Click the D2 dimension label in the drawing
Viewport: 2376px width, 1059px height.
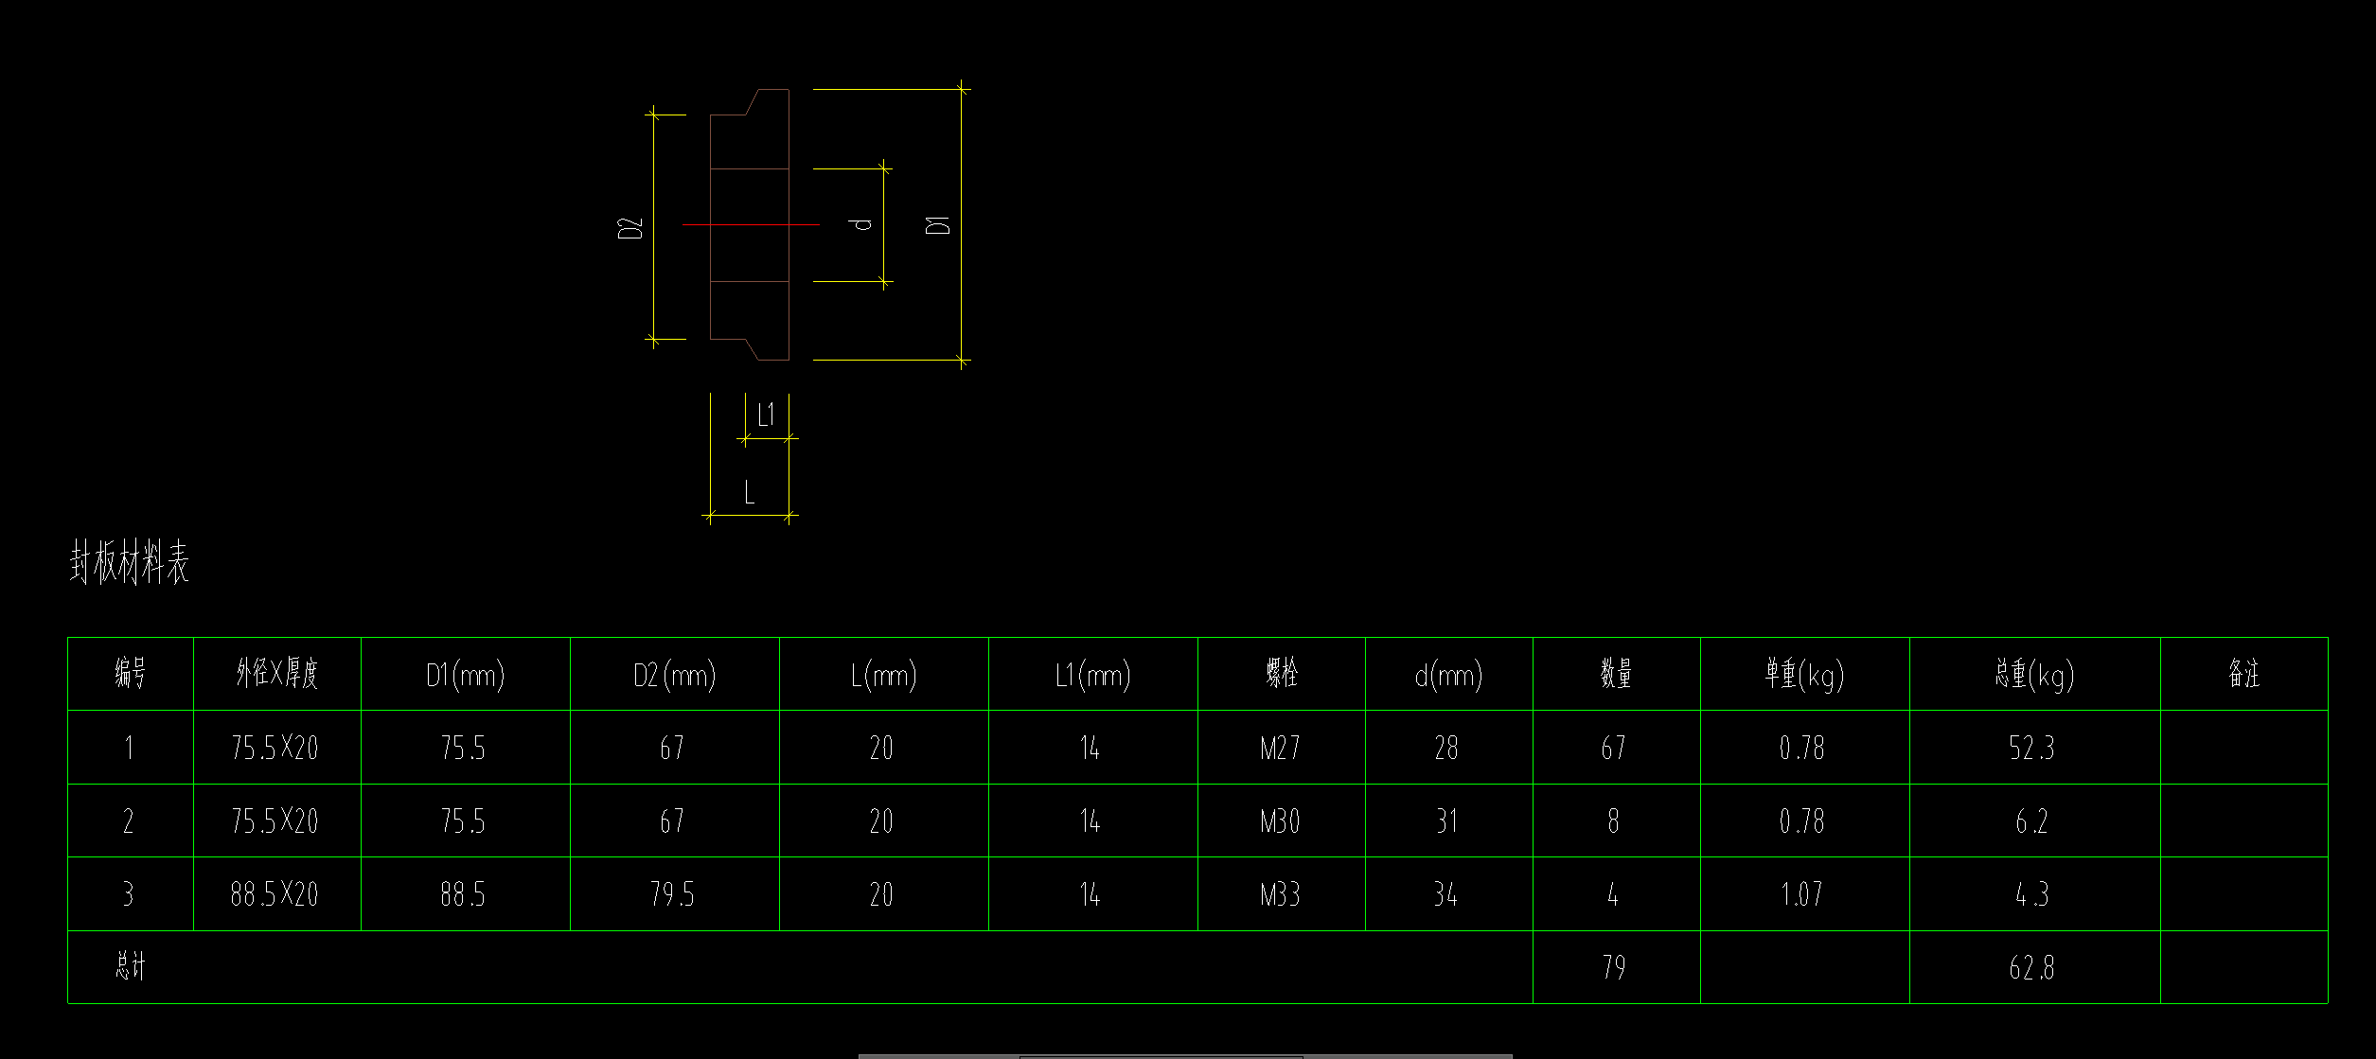coord(630,227)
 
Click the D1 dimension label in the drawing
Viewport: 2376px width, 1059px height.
coord(938,224)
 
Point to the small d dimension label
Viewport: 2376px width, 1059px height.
coord(861,224)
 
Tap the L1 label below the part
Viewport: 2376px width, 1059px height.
coord(766,415)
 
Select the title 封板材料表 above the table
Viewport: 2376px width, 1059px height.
coord(129,563)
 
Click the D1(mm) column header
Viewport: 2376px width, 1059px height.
coord(465,675)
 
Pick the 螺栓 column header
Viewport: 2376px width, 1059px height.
coord(1282,674)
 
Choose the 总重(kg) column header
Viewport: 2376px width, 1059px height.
coord(2034,675)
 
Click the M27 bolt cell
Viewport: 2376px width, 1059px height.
coord(1280,749)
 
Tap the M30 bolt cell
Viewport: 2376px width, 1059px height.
coord(1280,821)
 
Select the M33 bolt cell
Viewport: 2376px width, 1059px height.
coord(1280,894)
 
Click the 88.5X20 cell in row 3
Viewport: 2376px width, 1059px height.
coord(275,894)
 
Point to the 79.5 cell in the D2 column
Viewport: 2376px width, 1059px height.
coord(672,894)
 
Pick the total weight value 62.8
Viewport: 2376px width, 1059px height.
coord(2031,967)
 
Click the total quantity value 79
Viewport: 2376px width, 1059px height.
coord(1614,967)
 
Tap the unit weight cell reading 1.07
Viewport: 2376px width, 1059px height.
coord(1801,894)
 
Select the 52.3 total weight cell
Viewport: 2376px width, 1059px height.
coord(2031,749)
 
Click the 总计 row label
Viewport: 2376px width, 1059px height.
coord(131,966)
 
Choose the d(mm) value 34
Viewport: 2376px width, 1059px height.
coord(1445,894)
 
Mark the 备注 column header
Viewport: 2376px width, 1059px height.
coord(2243,674)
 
